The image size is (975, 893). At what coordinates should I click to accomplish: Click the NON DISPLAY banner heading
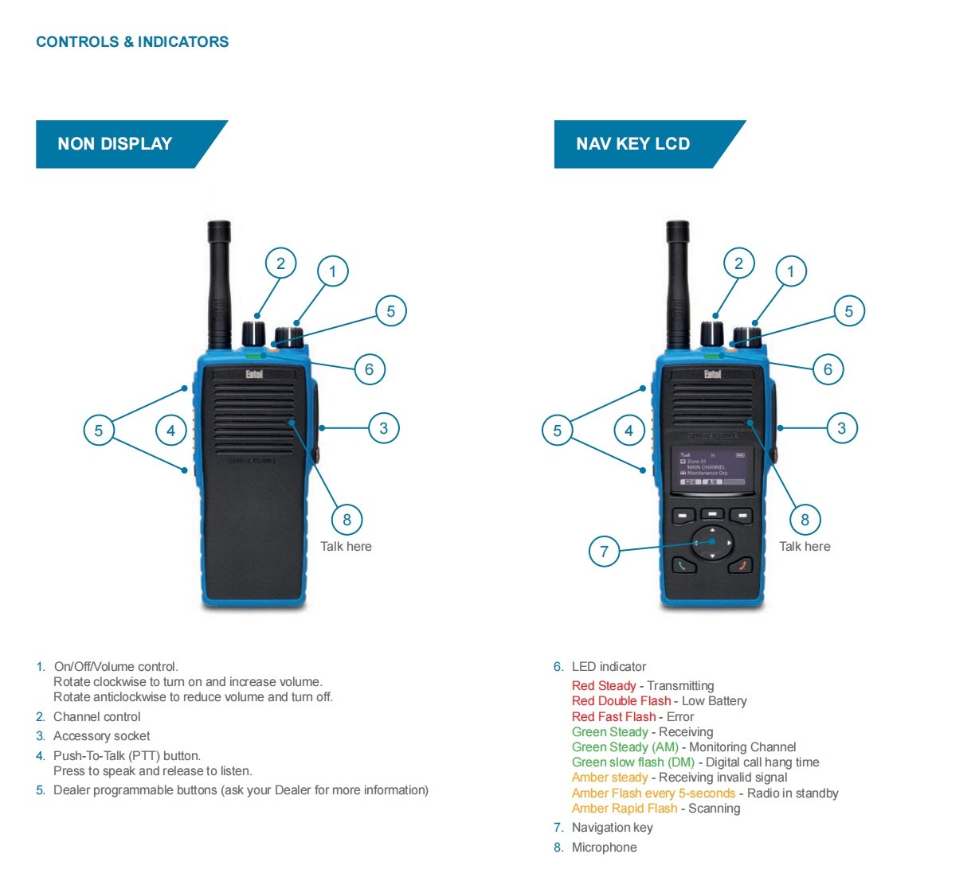(x=116, y=144)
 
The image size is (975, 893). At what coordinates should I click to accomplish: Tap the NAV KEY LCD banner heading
(x=633, y=144)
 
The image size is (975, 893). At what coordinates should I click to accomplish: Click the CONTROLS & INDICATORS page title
(x=132, y=42)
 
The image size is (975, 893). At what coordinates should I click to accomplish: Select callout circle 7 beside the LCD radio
(x=604, y=551)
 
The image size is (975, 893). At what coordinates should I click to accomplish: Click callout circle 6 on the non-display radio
(x=369, y=369)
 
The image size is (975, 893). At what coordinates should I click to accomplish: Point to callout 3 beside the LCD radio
(x=841, y=428)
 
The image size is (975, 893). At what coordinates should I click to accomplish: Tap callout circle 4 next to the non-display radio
(x=170, y=431)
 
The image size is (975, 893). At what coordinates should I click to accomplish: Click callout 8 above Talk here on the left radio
(x=347, y=520)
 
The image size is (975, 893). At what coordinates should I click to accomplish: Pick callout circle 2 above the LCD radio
(x=738, y=263)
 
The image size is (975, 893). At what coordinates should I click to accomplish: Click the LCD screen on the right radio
(x=712, y=467)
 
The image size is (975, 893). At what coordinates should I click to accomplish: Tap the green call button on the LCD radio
(x=683, y=566)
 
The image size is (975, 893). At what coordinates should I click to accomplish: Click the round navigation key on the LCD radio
(x=712, y=542)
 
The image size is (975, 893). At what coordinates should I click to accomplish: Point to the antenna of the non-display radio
(x=218, y=279)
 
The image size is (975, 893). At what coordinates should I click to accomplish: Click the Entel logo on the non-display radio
(x=254, y=374)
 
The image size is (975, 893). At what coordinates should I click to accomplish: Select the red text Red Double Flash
(x=621, y=701)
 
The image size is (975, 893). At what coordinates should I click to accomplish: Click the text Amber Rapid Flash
(x=625, y=809)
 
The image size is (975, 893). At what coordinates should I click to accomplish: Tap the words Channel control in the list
(x=97, y=717)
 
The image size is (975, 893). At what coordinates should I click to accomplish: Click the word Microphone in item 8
(x=604, y=848)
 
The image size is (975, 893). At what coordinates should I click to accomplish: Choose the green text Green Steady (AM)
(x=625, y=747)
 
